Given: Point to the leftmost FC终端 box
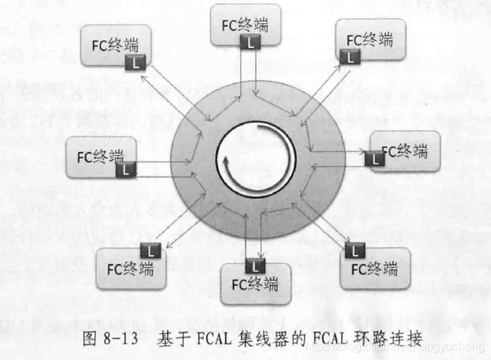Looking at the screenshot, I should [101, 156].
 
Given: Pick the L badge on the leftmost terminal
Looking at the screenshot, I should [127, 169].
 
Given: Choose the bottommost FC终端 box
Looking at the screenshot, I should [256, 284].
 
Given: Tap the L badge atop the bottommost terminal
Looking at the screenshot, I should [253, 263].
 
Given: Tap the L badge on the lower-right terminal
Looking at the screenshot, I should [358, 249].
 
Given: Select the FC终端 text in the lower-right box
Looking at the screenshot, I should [378, 266].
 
